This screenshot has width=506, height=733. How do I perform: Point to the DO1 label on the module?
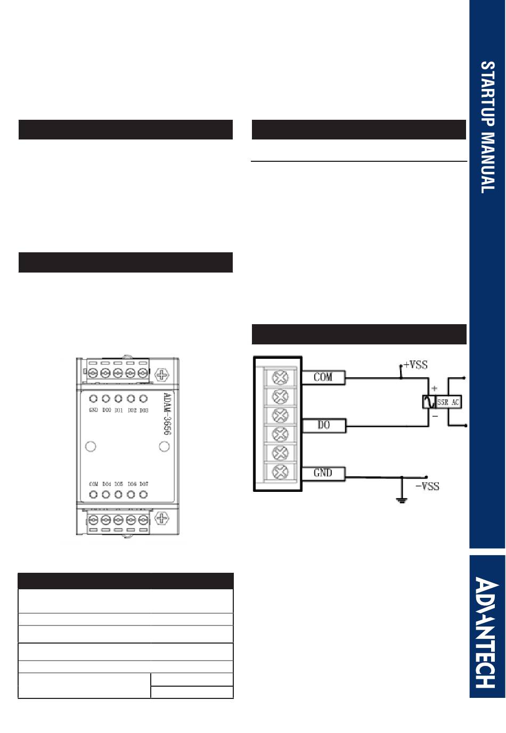coord(118,410)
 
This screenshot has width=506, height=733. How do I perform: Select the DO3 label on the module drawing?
coord(144,410)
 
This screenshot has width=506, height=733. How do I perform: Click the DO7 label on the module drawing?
coord(144,484)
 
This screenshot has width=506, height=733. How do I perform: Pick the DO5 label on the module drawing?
coord(118,484)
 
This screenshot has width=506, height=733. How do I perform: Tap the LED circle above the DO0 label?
coord(105,399)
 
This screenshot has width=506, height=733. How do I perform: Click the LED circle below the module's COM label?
coord(93,495)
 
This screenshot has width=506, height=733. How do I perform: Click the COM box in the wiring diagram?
coord(323,377)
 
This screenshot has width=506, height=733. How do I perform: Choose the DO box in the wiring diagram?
coord(323,425)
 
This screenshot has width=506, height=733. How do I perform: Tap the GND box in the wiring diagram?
coord(323,473)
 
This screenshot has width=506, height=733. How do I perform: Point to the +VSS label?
coord(415,365)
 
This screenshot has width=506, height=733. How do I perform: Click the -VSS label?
coord(427,486)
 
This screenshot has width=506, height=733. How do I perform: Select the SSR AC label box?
coord(448,402)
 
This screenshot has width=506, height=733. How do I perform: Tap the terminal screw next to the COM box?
coord(280,377)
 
